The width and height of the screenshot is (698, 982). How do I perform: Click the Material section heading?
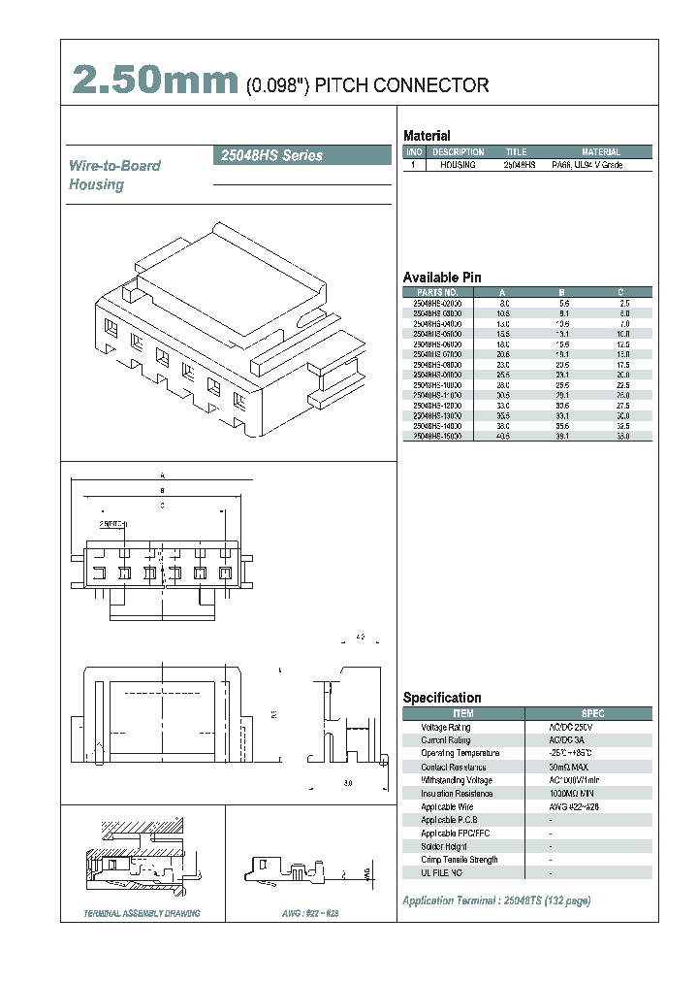click(x=427, y=136)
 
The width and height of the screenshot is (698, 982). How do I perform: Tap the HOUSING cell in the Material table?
click(x=458, y=166)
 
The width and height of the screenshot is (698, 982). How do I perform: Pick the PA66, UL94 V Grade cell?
click(x=587, y=166)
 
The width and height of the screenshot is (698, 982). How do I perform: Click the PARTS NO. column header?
click(x=437, y=292)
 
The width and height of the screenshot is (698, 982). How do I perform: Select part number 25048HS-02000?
click(x=437, y=304)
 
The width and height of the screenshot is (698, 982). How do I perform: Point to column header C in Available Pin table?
click(x=620, y=292)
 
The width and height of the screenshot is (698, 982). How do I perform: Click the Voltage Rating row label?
click(x=446, y=727)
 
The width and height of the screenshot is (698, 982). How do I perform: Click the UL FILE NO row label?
click(x=442, y=873)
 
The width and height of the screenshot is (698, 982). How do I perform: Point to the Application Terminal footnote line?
click(x=495, y=900)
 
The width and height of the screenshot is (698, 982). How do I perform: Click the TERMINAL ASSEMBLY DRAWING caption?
click(x=142, y=913)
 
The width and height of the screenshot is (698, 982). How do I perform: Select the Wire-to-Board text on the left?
click(x=114, y=166)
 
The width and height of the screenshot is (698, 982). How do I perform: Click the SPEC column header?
click(x=592, y=713)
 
